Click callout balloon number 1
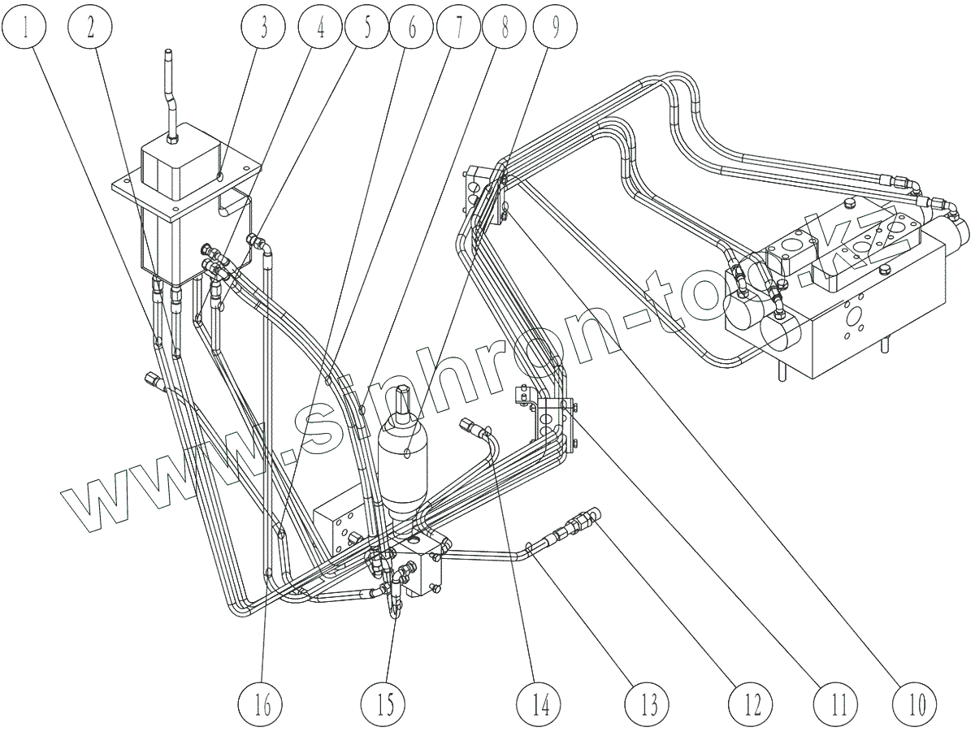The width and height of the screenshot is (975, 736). [24, 30]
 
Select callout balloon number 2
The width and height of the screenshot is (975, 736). [91, 30]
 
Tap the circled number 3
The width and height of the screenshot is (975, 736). [263, 30]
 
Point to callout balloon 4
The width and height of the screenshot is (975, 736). [321, 30]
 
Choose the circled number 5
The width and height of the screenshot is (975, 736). [366, 30]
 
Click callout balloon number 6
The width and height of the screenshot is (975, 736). [412, 30]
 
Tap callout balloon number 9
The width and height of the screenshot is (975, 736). [555, 30]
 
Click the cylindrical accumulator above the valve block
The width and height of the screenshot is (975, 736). [404, 463]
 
